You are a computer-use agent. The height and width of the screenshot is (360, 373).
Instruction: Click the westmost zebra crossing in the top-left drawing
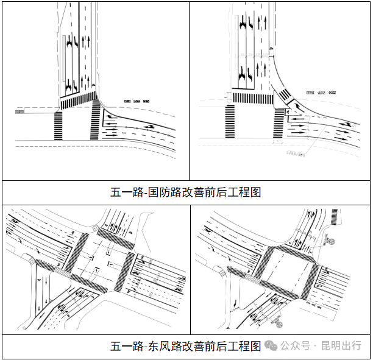point(58,125)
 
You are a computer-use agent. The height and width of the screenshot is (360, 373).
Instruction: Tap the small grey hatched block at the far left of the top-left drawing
point(20,111)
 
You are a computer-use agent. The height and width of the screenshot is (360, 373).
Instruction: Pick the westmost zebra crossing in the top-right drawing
point(230,122)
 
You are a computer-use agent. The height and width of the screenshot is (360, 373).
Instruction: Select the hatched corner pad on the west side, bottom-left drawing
point(31,261)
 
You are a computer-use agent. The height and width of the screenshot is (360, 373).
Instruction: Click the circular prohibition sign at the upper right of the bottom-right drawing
point(333,241)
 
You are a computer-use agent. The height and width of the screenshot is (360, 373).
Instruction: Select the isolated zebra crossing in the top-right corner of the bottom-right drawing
point(335,217)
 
